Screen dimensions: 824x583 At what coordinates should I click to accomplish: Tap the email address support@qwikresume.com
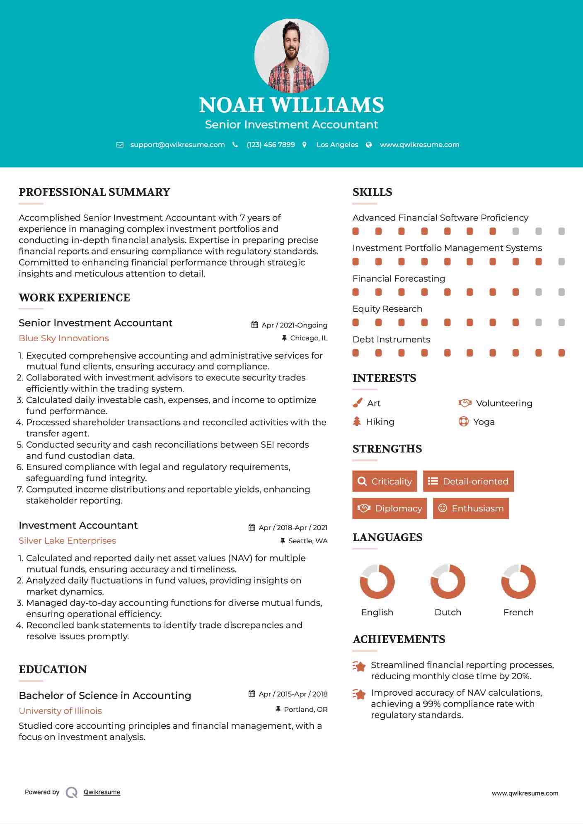point(177,145)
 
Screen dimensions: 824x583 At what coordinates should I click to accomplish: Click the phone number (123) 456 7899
point(271,145)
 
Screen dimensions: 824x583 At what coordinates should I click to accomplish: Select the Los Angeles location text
point(337,145)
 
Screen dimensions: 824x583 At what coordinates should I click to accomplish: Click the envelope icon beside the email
point(120,145)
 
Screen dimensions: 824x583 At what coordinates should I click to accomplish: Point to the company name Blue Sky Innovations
point(64,338)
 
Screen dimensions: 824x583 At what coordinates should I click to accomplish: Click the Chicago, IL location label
point(309,338)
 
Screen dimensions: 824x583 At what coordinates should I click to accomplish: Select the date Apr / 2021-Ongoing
point(294,325)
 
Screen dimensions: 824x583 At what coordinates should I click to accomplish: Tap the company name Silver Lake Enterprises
point(67,541)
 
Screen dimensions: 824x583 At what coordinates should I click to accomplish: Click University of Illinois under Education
point(60,711)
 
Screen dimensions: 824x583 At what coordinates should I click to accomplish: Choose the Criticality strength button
point(385,481)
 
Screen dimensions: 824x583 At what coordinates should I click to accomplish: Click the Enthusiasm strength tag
point(471,508)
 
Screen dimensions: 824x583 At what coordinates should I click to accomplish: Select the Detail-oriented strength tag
point(468,481)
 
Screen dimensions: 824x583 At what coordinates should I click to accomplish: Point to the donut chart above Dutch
point(448,581)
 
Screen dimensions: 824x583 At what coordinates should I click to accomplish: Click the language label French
point(518,612)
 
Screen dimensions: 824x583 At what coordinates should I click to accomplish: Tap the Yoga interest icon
point(464,422)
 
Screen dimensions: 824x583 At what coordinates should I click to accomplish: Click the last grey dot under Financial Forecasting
point(561,292)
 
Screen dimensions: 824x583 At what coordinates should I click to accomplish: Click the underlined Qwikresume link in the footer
point(102,792)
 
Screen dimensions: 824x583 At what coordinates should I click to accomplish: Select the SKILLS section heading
point(372,192)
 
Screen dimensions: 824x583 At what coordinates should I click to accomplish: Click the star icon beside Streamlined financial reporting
point(359,666)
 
